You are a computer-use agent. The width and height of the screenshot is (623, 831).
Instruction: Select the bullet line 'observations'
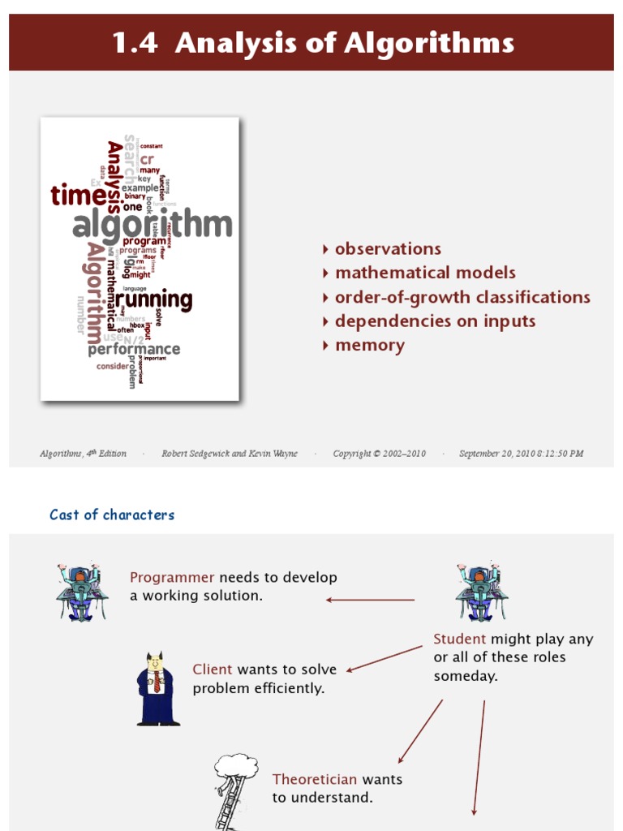click(388, 249)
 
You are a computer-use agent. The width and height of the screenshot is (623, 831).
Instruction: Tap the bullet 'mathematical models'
click(425, 273)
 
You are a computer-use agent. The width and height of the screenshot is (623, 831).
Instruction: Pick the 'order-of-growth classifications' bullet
click(462, 297)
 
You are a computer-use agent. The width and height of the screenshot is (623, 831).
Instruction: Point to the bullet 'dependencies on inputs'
click(435, 321)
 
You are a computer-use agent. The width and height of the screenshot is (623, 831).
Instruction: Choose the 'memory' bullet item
click(369, 346)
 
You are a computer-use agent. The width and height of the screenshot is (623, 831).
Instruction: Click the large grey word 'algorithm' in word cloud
click(153, 225)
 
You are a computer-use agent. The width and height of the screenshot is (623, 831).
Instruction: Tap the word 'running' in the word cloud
click(153, 299)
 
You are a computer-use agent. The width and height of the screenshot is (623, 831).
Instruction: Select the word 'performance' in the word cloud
click(134, 350)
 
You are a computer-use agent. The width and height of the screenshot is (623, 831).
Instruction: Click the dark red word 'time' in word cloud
click(78, 196)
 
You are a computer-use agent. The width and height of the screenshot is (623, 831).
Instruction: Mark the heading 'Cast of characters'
click(112, 515)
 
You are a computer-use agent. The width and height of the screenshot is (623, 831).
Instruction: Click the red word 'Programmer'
click(172, 578)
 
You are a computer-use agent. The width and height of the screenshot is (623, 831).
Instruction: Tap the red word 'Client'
click(213, 670)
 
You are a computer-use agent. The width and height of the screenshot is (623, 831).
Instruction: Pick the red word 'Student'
click(460, 639)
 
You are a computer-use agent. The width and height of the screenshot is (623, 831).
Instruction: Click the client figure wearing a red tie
click(157, 689)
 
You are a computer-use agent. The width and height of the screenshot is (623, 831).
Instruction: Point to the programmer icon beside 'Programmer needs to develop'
click(80, 593)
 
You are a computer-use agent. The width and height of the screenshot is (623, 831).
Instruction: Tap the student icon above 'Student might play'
click(480, 593)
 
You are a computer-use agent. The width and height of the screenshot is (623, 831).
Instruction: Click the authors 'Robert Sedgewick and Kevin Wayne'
click(230, 454)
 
